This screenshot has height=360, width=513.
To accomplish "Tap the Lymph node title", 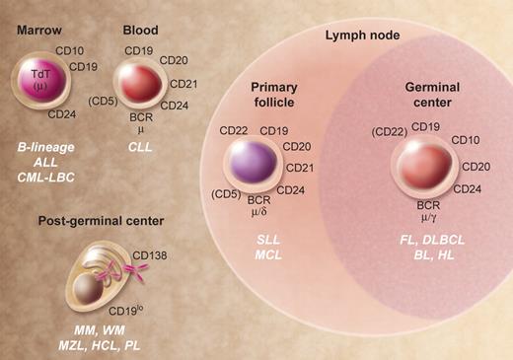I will [364, 36].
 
